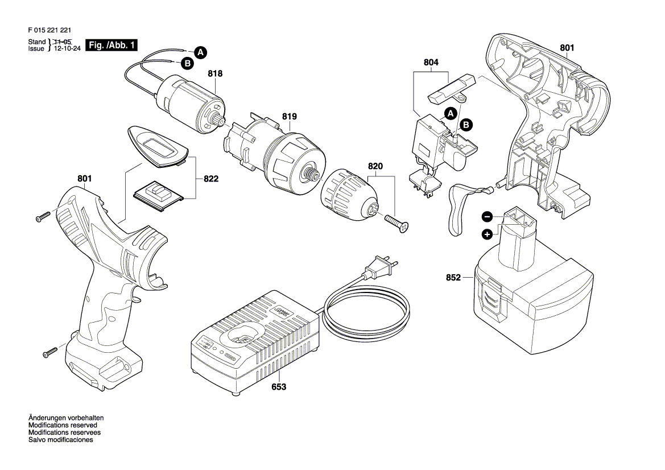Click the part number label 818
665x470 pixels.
215,73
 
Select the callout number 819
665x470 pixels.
289,116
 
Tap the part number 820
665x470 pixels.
375,166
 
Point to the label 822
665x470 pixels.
211,179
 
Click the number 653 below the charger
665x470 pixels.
279,387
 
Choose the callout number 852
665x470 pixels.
453,278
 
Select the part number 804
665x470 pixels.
431,63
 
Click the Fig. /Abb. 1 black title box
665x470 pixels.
111,45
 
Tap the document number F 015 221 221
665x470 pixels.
49,30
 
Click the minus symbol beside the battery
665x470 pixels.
488,217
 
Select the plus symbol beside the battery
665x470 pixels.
488,234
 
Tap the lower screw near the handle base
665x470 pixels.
49,352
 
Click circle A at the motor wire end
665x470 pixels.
201,52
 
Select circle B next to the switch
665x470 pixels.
466,125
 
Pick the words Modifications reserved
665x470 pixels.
63,425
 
